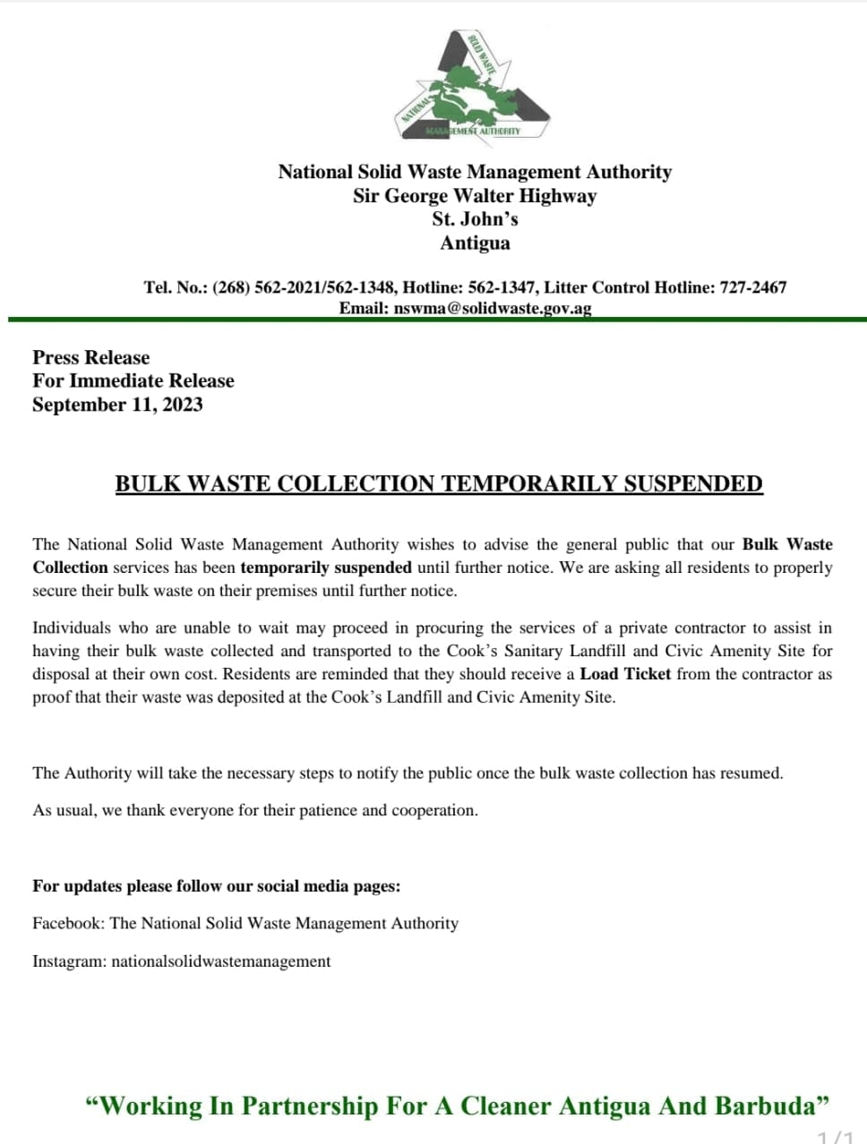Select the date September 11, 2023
coord(117,405)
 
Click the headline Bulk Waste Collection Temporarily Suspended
coord(439,484)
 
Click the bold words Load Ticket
coord(625,674)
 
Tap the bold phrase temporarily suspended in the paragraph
coord(326,568)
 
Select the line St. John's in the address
coord(475,219)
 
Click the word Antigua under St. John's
coord(475,243)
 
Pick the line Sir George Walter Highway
coord(475,196)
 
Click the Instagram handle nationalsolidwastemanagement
coord(221,961)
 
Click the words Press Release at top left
coord(91,357)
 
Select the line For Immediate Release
coord(133,380)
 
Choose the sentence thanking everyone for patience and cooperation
coord(255,810)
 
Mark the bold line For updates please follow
coord(217,886)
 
